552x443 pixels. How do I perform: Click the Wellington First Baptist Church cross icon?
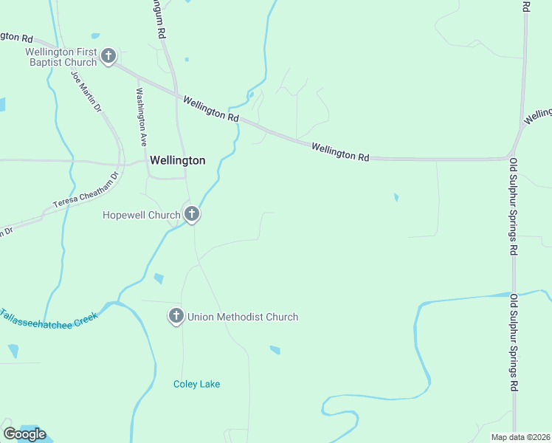(x=108, y=56)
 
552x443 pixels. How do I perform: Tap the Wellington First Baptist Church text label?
(x=61, y=57)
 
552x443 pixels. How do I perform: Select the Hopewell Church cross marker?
(x=191, y=215)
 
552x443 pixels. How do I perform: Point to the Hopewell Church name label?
(x=141, y=216)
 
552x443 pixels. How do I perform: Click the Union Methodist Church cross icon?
(x=176, y=317)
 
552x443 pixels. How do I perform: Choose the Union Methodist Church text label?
(x=243, y=317)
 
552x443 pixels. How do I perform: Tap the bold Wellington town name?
(x=177, y=159)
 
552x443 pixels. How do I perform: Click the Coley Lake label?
(x=196, y=384)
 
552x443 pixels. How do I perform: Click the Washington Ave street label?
(x=140, y=115)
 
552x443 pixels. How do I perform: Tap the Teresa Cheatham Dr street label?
(x=85, y=190)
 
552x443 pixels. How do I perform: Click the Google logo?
(x=24, y=433)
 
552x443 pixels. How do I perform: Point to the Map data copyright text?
(x=520, y=437)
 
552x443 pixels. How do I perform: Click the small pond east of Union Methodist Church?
(x=275, y=349)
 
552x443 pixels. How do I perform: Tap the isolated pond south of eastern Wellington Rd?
(x=396, y=197)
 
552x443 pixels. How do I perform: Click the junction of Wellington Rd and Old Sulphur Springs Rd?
(x=512, y=156)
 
